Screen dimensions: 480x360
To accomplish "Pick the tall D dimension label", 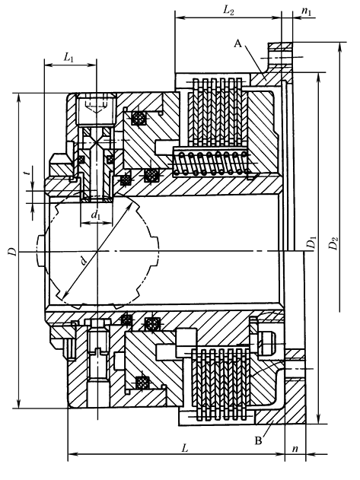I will pyautogui.click(x=11, y=250).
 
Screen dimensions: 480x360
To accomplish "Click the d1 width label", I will pyautogui.click(x=96, y=216).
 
